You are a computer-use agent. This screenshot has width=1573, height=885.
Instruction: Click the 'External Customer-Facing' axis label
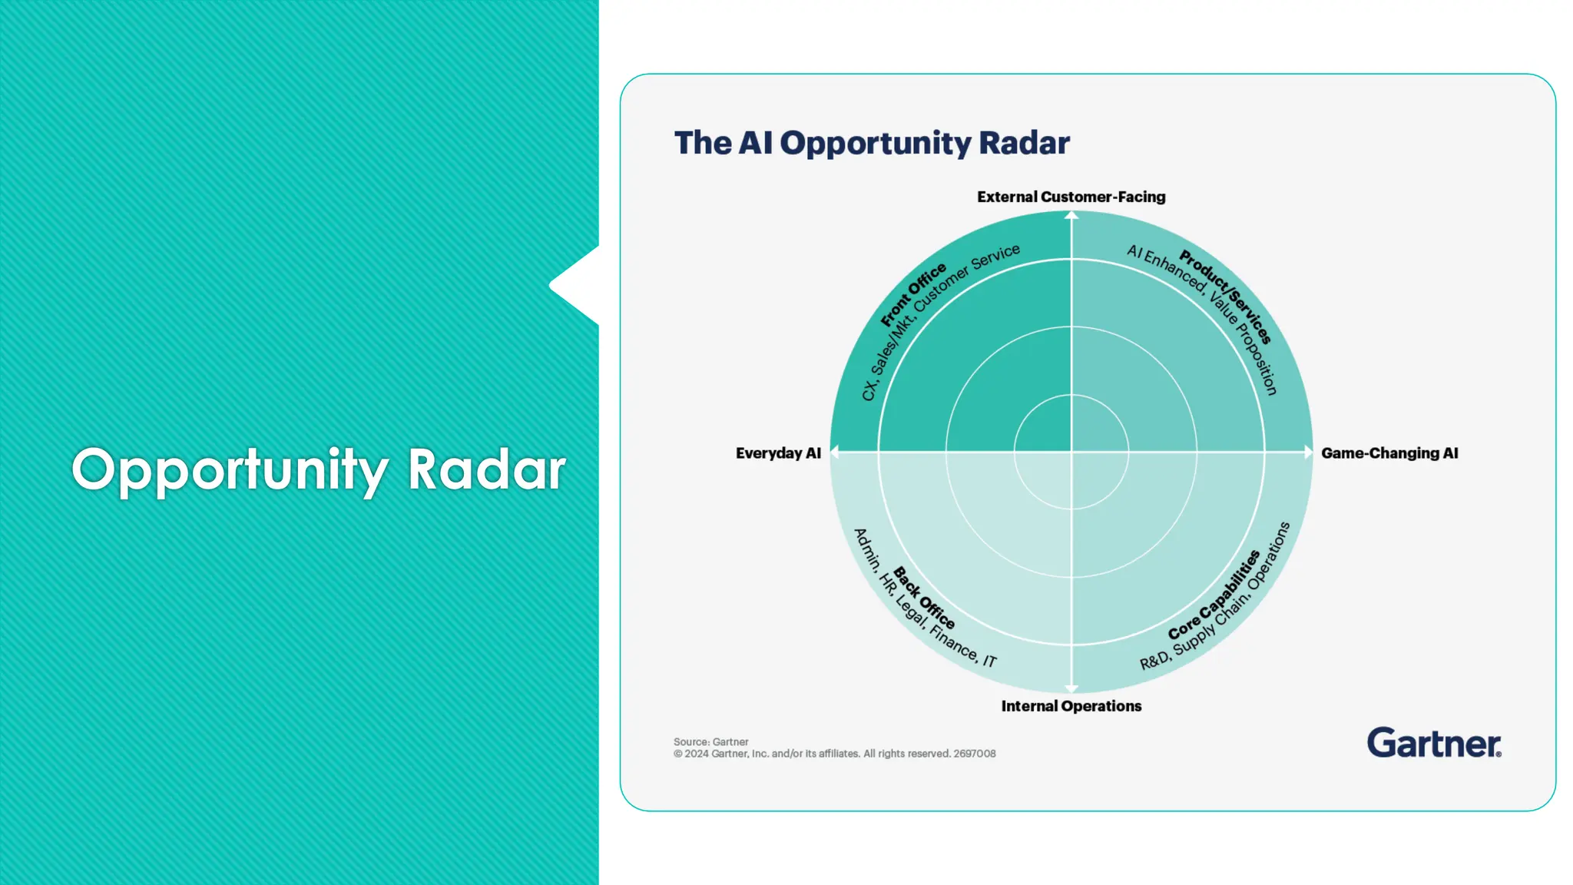point(1071,197)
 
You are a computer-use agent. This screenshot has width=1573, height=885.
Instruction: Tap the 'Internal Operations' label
point(1071,706)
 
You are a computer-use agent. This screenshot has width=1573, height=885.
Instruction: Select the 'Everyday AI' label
point(777,453)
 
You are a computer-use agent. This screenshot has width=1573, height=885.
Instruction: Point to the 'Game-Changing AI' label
point(1389,453)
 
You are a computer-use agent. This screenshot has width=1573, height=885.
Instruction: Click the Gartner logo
point(1433,743)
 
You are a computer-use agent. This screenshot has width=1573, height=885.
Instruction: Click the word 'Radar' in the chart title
point(1024,143)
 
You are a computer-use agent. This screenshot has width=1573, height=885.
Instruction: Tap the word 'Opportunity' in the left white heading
point(230,469)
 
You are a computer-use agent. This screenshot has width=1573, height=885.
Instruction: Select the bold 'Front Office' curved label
point(913,295)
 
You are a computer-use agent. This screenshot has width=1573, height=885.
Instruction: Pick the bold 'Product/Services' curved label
point(1226,296)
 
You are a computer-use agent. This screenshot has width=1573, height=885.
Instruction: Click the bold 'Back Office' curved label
point(924,598)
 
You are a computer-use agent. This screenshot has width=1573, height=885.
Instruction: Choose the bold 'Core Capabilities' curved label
point(1214,595)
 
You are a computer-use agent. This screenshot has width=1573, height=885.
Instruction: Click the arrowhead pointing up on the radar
point(1071,216)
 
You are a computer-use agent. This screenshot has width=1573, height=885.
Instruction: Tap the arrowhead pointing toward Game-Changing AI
point(1308,452)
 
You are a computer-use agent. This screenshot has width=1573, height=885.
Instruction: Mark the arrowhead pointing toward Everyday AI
point(835,452)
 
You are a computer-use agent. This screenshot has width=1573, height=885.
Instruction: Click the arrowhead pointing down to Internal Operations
point(1071,688)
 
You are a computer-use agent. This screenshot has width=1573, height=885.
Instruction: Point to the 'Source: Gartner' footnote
point(710,742)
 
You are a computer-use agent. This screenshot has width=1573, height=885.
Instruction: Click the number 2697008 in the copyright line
point(974,754)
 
